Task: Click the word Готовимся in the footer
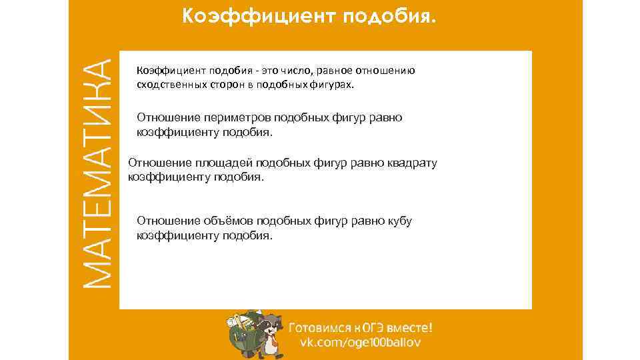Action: tap(318, 327)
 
